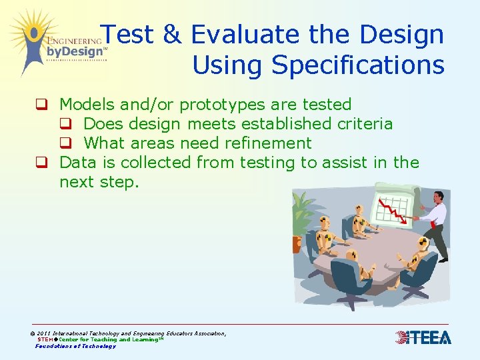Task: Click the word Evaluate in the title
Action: coord(243,35)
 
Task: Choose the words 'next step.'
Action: coord(99,182)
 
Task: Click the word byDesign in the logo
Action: coord(75,51)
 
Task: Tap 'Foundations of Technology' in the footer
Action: coord(75,346)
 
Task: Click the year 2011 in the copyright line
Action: coord(45,333)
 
